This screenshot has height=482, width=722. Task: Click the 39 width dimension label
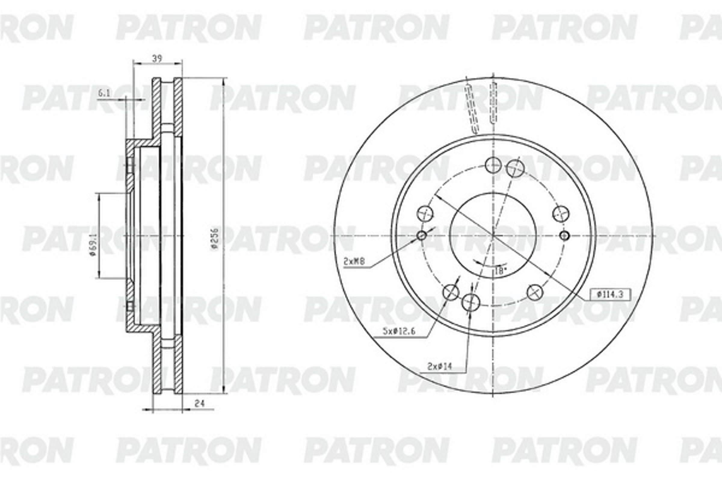(157, 59)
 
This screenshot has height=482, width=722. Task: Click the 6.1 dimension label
(104, 93)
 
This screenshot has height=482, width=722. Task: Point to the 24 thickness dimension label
(200, 403)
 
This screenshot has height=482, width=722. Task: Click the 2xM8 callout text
(354, 261)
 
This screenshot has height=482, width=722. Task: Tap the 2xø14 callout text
(439, 366)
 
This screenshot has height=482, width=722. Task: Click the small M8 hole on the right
(564, 236)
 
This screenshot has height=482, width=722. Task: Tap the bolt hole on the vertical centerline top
(493, 165)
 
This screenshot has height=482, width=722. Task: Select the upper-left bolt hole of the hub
(425, 213)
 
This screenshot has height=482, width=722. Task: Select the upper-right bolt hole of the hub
(561, 213)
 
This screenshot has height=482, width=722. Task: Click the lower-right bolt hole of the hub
(535, 292)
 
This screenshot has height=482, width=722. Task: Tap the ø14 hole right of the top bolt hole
(515, 168)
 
